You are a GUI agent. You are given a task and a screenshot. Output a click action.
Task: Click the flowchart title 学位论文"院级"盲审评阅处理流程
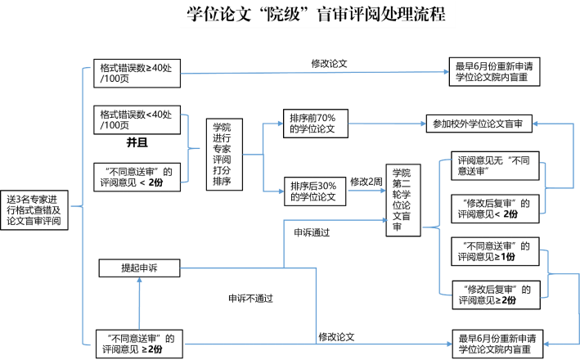[x=317, y=15]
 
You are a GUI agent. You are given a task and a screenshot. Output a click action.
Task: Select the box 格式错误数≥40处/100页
[x=137, y=74]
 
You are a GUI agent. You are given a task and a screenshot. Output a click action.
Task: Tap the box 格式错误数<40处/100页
[x=137, y=120]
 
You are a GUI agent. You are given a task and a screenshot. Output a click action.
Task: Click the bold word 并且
[x=137, y=142]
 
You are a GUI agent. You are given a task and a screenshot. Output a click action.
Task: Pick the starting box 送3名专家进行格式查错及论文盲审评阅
[x=34, y=210]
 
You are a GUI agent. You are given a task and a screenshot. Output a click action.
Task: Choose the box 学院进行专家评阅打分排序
[x=224, y=155]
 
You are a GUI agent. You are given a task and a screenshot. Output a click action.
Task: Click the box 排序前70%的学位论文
[x=316, y=124]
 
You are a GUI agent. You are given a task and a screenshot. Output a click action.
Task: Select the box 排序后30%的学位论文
[x=315, y=191]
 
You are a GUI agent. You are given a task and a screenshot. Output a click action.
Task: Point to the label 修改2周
[x=366, y=182]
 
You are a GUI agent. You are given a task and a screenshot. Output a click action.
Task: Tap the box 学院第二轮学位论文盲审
[x=403, y=200]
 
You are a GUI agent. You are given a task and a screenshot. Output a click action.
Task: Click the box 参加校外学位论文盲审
[x=479, y=124]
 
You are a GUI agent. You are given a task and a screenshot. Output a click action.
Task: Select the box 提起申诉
[x=139, y=268]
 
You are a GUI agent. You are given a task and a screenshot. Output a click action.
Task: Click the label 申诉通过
[x=312, y=232]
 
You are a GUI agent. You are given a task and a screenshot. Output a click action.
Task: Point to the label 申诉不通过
[x=250, y=298]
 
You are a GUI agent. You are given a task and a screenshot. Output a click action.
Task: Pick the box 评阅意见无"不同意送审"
[x=495, y=166]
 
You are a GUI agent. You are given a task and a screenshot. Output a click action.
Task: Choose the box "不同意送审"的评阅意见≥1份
[x=495, y=252]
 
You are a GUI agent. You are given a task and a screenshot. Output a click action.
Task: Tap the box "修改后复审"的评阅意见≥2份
[x=496, y=295]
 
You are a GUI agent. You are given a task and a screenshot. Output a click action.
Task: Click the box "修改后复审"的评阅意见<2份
[x=495, y=209]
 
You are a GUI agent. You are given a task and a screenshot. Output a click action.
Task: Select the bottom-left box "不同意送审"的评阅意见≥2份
[x=139, y=344]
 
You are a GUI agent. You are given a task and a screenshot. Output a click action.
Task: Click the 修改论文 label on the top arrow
[x=329, y=64]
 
